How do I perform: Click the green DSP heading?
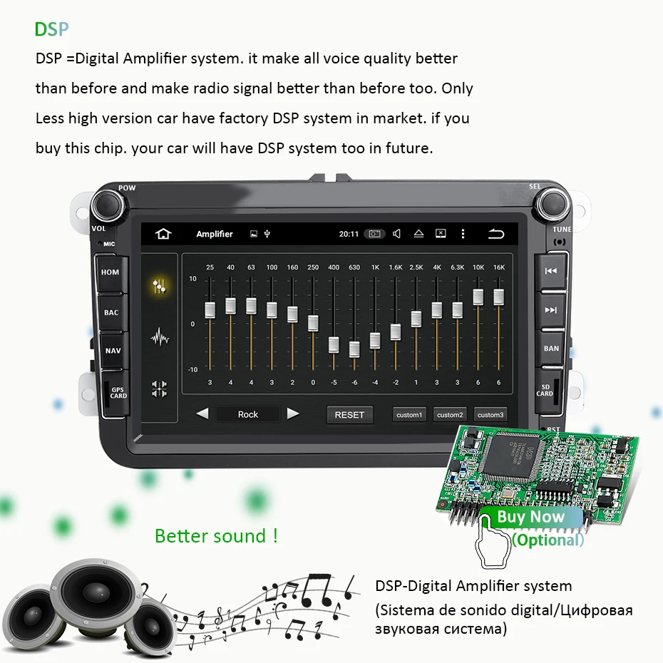coord(53,29)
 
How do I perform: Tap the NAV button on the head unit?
coord(113,351)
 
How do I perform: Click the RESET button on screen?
coord(349,414)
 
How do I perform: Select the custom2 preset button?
coord(450,414)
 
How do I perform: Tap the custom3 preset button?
coord(490,414)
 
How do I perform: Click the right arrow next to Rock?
coord(293,413)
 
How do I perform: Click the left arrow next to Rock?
coord(202,413)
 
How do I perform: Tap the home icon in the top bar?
coord(164,234)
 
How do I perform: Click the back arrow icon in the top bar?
coord(496,234)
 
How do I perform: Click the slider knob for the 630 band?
coord(354,349)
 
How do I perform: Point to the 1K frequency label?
coord(375,267)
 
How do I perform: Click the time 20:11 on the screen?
coord(349,234)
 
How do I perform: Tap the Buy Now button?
coord(531,517)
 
